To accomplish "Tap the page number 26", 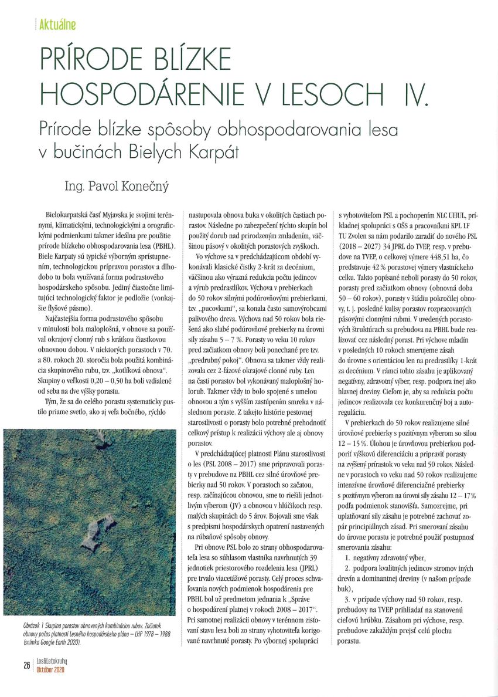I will (26, 665).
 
